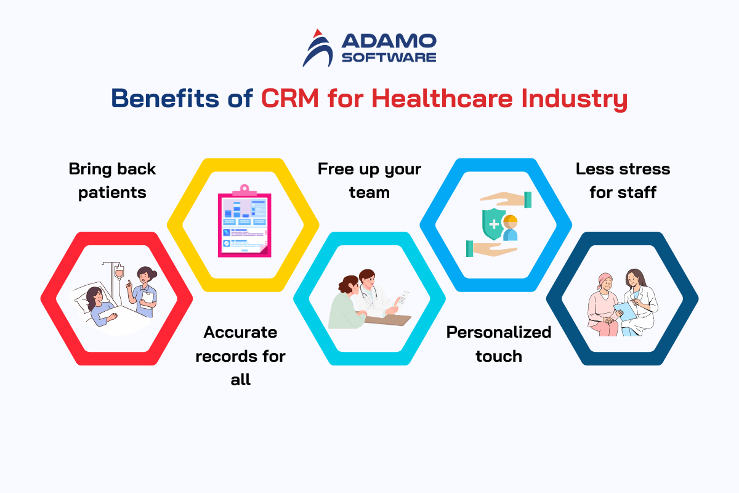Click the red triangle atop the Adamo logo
pyautogui.click(x=318, y=33)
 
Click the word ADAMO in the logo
pyautogui.click(x=389, y=41)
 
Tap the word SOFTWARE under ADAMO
pyautogui.click(x=389, y=57)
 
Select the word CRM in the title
pyautogui.click(x=290, y=98)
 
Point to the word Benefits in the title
pyautogui.click(x=165, y=98)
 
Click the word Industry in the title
pyautogui.click(x=575, y=99)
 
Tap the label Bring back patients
pyautogui.click(x=112, y=181)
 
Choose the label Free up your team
pyautogui.click(x=369, y=181)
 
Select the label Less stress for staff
pyautogui.click(x=623, y=181)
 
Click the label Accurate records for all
pyautogui.click(x=241, y=356)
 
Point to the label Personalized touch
pyautogui.click(x=499, y=344)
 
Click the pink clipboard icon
pyautogui.click(x=244, y=221)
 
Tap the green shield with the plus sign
pyautogui.click(x=493, y=224)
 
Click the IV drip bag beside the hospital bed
pyautogui.click(x=119, y=273)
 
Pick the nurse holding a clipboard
pyautogui.click(x=143, y=292)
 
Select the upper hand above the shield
pyautogui.click(x=506, y=200)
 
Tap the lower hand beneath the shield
pyautogui.click(x=491, y=248)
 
